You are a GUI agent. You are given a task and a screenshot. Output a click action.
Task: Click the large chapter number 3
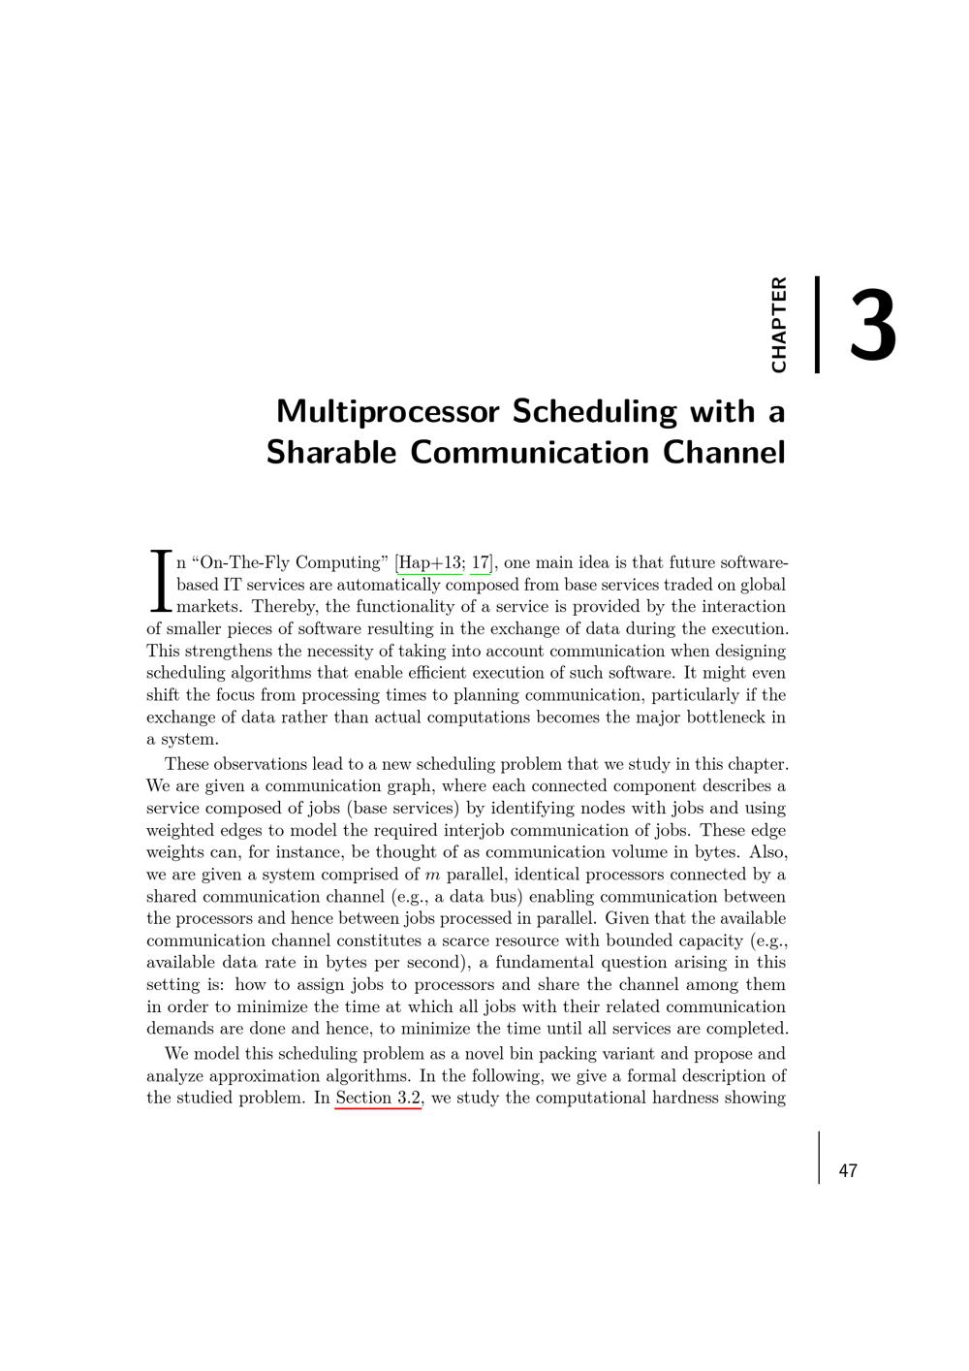click(873, 326)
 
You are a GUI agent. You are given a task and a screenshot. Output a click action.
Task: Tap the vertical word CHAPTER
click(778, 325)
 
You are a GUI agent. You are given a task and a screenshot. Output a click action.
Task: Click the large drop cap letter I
click(160, 582)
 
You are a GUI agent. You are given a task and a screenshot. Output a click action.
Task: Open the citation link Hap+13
click(430, 563)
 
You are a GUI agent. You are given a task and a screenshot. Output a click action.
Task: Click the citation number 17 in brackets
click(480, 563)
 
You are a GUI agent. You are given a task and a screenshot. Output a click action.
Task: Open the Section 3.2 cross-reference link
click(378, 1099)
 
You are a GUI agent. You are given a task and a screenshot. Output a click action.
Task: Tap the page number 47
click(848, 1171)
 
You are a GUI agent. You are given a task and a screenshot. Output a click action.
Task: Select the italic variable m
click(432, 875)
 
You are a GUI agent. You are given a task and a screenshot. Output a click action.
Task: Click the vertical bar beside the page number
click(819, 1158)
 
